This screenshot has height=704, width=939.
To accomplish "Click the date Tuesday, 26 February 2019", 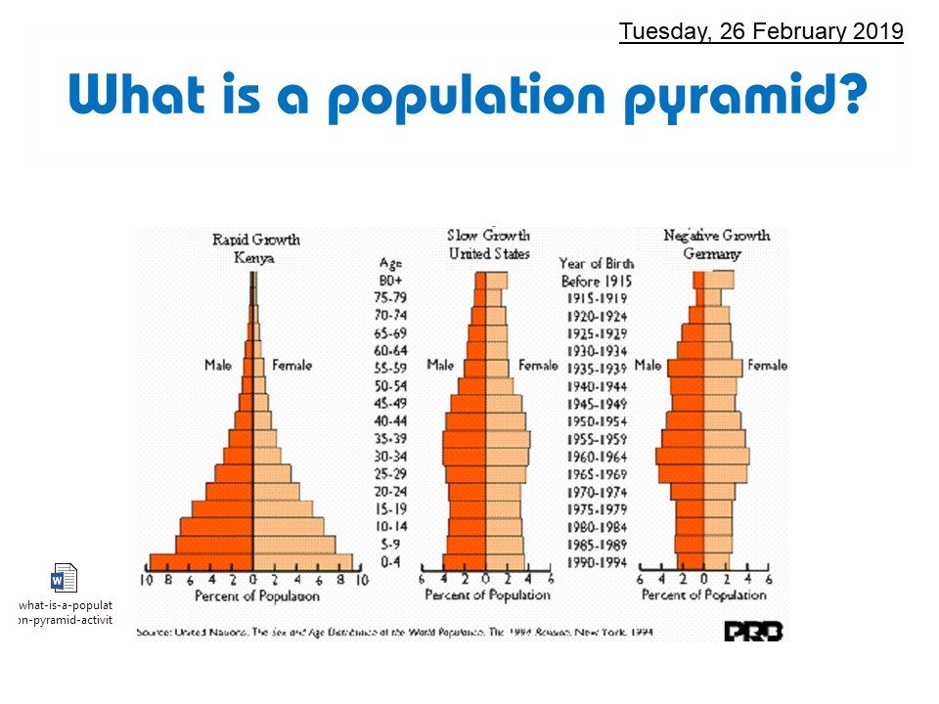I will coord(761,31).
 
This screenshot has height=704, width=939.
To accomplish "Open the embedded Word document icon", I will coord(64,579).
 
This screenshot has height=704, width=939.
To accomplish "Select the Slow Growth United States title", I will coord(488,244).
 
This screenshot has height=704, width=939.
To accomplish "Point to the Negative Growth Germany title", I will coord(716,244).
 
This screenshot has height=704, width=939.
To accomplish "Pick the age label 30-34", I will coord(392,457).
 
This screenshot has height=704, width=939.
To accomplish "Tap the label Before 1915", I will coord(596,281).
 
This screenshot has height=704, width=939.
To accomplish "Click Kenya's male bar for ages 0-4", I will coord(201,562).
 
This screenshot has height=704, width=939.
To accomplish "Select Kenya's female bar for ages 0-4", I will coord(303,562).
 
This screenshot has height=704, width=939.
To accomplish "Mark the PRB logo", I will coord(753,632).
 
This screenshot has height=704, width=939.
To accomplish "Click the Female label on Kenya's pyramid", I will coord(291,365).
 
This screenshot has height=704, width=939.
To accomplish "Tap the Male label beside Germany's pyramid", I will coord(648,366).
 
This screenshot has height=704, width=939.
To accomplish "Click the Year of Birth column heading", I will coord(596,263).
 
